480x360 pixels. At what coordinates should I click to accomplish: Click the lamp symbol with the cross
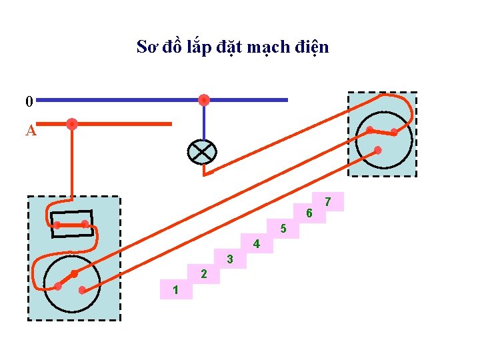(x=201, y=152)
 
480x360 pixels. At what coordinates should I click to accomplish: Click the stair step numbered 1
(x=175, y=289)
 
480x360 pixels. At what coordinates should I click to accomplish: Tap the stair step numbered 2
(x=204, y=274)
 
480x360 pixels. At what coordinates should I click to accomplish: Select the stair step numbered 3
(x=229, y=259)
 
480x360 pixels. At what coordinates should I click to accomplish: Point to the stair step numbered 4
(x=257, y=244)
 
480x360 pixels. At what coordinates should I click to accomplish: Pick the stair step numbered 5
(x=283, y=229)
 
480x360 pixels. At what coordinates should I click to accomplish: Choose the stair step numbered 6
(x=309, y=214)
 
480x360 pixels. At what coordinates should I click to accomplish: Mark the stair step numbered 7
(x=327, y=201)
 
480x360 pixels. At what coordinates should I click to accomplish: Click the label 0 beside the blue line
(x=29, y=101)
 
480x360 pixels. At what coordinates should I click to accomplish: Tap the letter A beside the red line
(x=30, y=130)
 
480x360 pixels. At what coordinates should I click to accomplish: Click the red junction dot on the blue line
(x=204, y=100)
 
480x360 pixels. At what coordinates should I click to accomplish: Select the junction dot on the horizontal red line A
(x=72, y=123)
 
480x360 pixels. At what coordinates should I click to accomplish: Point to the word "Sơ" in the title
(x=147, y=47)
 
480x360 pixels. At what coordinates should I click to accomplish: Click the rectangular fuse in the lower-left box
(x=72, y=224)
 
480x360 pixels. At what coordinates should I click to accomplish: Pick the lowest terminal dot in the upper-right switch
(x=378, y=151)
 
